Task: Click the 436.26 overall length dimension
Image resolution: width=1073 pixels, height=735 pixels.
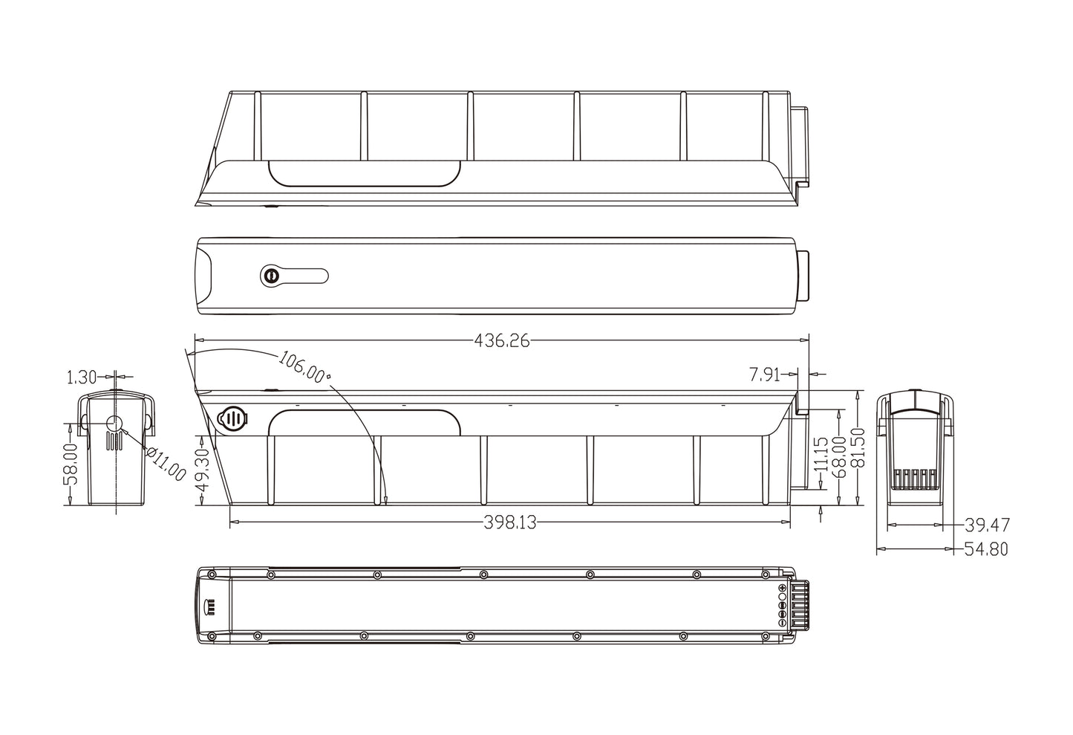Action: (501, 341)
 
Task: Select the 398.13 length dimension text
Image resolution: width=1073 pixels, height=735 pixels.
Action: (509, 522)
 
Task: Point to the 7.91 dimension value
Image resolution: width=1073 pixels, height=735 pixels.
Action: (764, 375)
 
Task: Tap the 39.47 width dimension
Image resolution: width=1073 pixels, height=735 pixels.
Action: (987, 525)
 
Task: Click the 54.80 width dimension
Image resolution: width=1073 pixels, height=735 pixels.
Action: (987, 549)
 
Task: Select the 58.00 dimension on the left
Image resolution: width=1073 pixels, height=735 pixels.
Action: (69, 464)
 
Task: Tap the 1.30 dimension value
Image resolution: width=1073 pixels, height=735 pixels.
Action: (82, 378)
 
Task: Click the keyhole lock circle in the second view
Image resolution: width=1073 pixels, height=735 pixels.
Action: (270, 276)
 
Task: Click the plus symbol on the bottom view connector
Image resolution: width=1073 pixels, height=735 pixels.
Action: (783, 588)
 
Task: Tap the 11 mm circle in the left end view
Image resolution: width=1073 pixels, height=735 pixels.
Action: (114, 424)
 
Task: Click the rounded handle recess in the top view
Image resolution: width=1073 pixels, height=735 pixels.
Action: (364, 173)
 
